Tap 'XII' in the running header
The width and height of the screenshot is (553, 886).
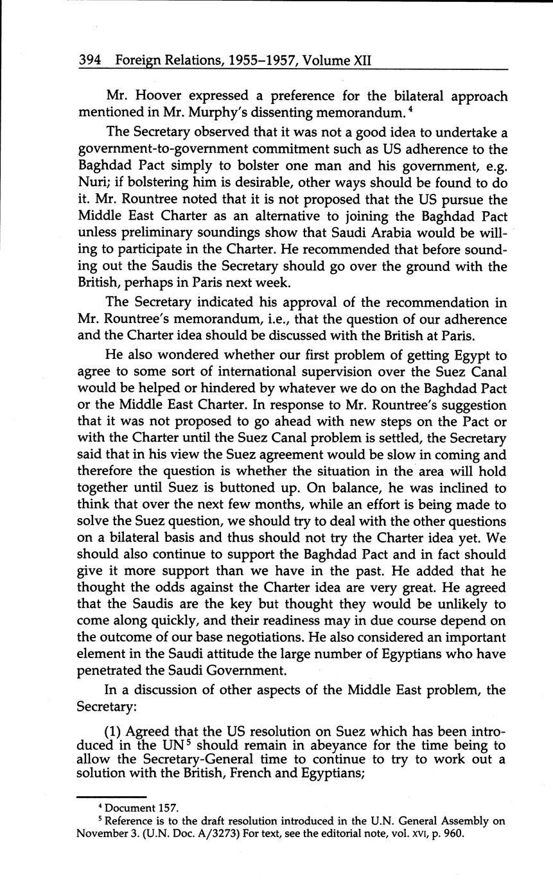pos(362,61)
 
